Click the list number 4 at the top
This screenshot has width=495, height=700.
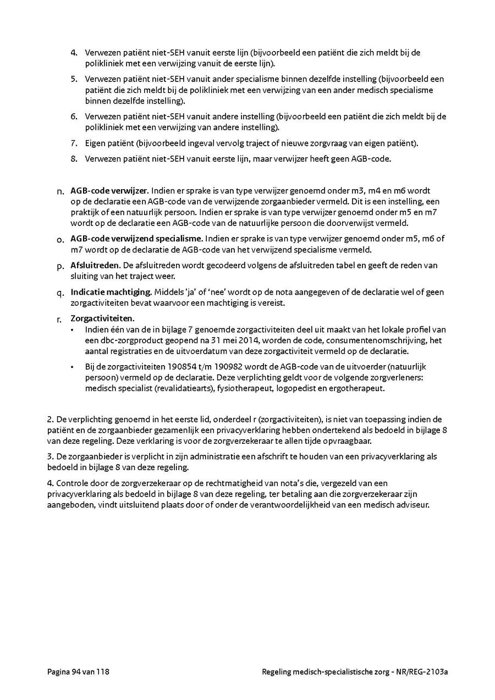[74, 53]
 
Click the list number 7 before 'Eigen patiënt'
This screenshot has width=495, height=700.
[74, 144]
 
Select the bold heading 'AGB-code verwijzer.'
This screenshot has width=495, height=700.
[109, 191]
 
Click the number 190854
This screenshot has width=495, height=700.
[168, 367]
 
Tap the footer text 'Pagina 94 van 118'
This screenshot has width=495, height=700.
[78, 671]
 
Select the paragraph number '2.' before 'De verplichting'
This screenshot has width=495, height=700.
[51, 420]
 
